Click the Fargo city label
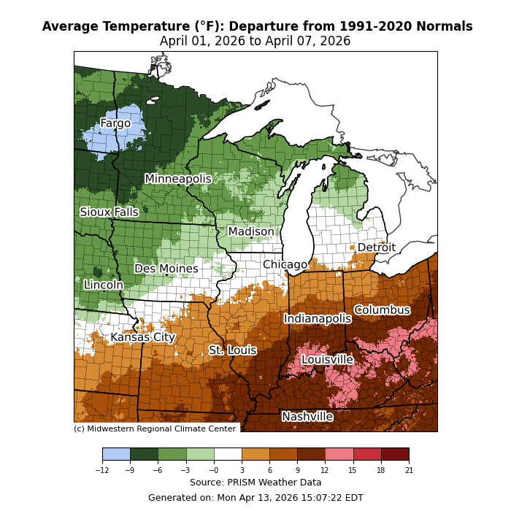click(115, 123)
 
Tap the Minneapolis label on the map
click(178, 179)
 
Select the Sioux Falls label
click(109, 212)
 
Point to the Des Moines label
click(166, 269)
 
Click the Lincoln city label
click(104, 285)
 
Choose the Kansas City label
click(143, 337)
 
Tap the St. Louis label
click(233, 350)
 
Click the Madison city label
click(251, 232)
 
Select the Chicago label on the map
click(285, 264)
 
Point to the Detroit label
click(376, 247)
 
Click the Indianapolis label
click(318, 318)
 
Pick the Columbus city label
click(382, 310)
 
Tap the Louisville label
click(327, 360)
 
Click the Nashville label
click(307, 417)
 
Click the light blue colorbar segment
click(116, 454)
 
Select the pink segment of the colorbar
click(339, 454)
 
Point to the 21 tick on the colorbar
click(409, 470)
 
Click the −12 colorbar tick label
click(102, 470)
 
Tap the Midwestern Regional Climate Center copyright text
click(155, 429)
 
